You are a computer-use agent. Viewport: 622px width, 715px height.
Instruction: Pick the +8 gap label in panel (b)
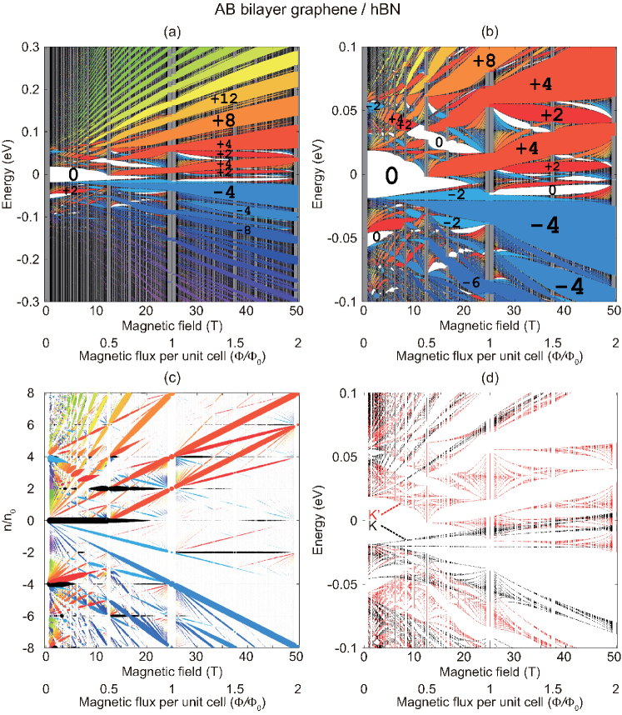(x=484, y=61)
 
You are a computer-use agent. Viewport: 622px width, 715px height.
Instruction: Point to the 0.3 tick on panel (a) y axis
(x=30, y=47)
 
